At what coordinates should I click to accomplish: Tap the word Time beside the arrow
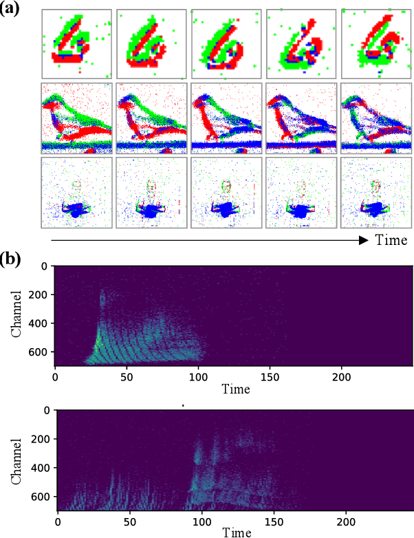pyautogui.click(x=391, y=240)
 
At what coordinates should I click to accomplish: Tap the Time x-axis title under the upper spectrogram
pyautogui.click(x=235, y=389)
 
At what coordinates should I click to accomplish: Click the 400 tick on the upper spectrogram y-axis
pyautogui.click(x=40, y=323)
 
